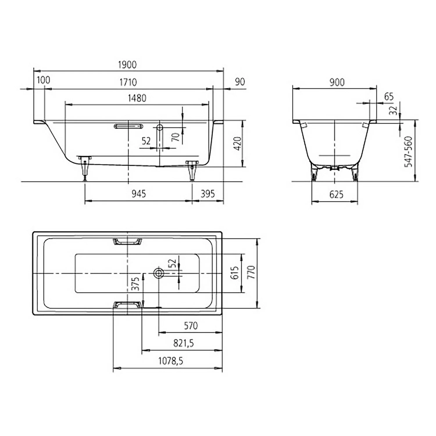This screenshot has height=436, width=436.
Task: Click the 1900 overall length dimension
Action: [x=127, y=65]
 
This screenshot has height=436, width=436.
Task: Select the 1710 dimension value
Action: [x=128, y=82]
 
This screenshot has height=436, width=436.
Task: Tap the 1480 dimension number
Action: [x=137, y=98]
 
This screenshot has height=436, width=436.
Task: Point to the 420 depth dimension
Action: [x=237, y=143]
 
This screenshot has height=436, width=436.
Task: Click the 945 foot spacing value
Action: [x=139, y=194]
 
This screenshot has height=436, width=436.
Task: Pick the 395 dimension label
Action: [x=208, y=194]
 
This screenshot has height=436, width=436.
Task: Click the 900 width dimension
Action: [x=337, y=82]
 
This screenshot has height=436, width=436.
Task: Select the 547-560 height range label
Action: [x=409, y=151]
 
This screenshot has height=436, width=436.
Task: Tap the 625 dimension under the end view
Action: [x=336, y=194]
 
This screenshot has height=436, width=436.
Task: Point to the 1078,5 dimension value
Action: [x=171, y=361]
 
